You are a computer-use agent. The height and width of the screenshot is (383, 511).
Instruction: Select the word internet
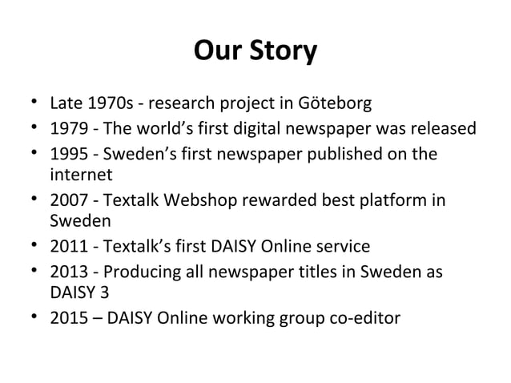tap(81, 175)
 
